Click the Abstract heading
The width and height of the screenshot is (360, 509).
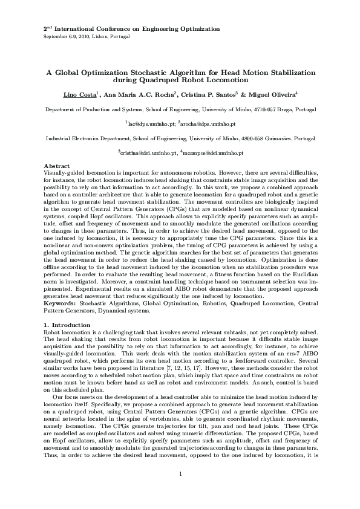tap(56, 166)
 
